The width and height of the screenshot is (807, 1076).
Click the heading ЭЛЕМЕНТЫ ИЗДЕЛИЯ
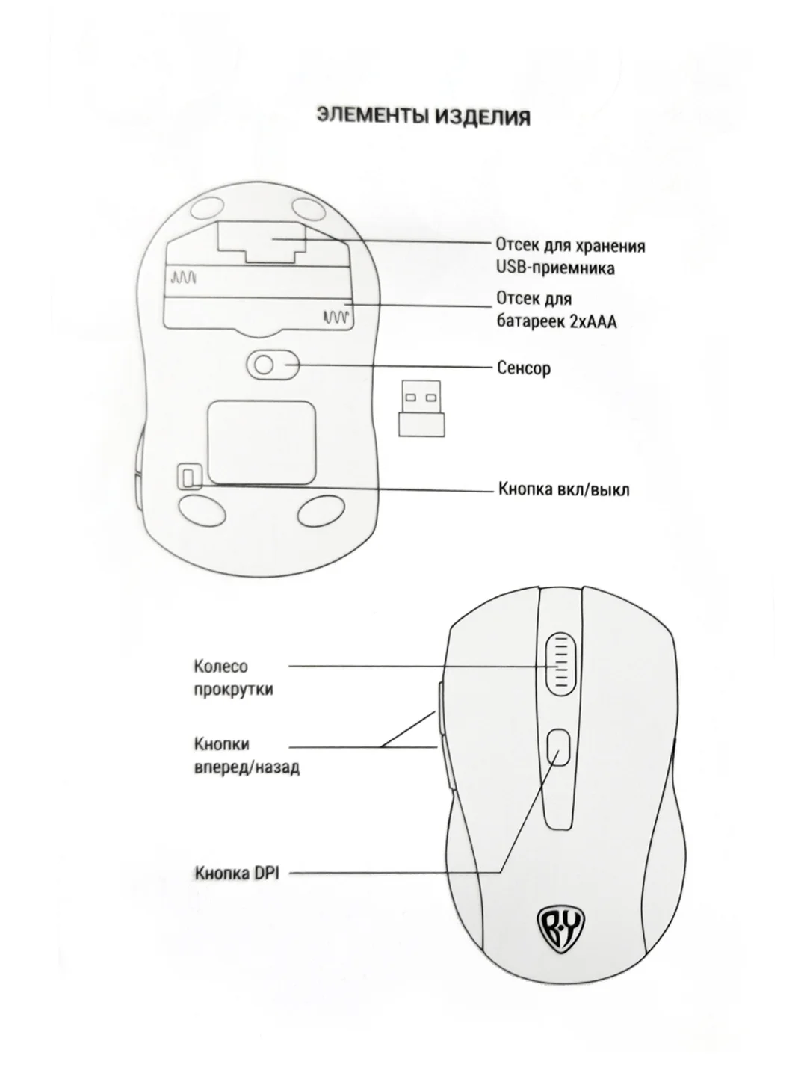click(x=424, y=117)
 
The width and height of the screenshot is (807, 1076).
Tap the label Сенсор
click(x=524, y=368)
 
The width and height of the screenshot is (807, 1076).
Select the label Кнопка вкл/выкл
click(x=564, y=489)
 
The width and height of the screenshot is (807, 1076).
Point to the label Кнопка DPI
click(x=237, y=873)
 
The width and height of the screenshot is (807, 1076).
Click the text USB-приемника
click(x=556, y=268)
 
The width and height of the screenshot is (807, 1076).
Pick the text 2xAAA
click(x=593, y=321)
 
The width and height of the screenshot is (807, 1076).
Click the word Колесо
click(x=221, y=667)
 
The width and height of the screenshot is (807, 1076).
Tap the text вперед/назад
click(x=247, y=767)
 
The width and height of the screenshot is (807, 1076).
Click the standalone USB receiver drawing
click(x=422, y=408)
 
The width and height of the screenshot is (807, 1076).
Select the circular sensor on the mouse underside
click(x=265, y=365)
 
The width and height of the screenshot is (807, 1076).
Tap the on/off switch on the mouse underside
click(x=188, y=477)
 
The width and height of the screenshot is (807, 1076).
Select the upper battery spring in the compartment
click(x=184, y=279)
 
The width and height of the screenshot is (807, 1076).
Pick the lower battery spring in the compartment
click(x=336, y=317)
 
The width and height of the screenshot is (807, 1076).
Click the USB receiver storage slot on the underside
click(x=262, y=241)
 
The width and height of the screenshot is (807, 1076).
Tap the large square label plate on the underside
click(x=262, y=442)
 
